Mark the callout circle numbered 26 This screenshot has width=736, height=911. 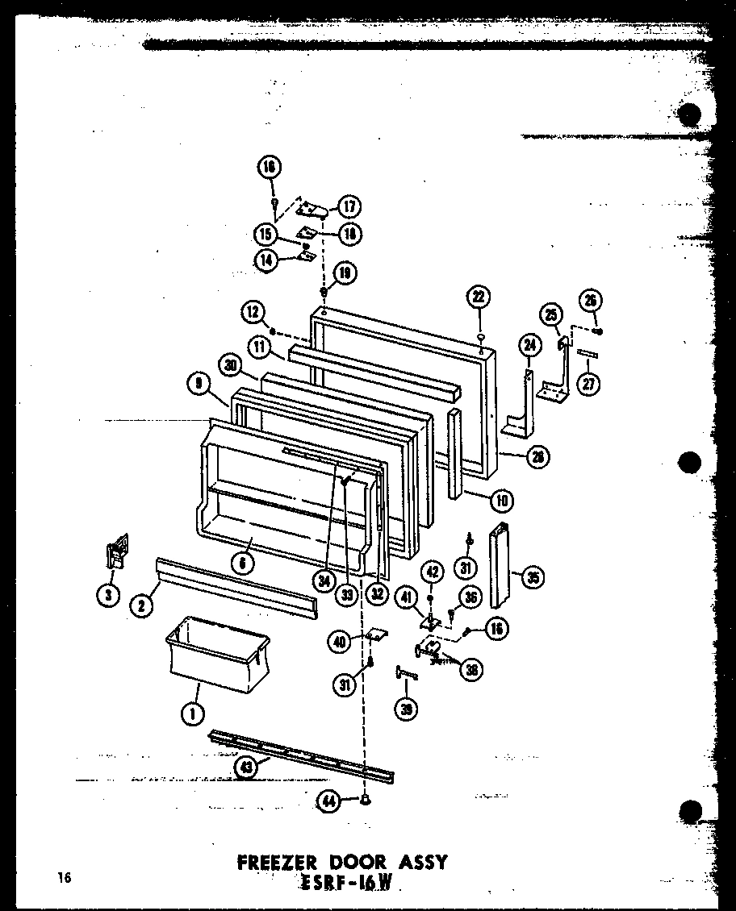592,302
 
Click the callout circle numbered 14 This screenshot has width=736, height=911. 264,260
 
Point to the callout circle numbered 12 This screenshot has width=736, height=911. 252,311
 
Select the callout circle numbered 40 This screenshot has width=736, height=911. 340,642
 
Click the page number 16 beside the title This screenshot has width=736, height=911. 64,877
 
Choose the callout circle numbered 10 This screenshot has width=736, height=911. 502,500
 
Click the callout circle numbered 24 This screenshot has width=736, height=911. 529,346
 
